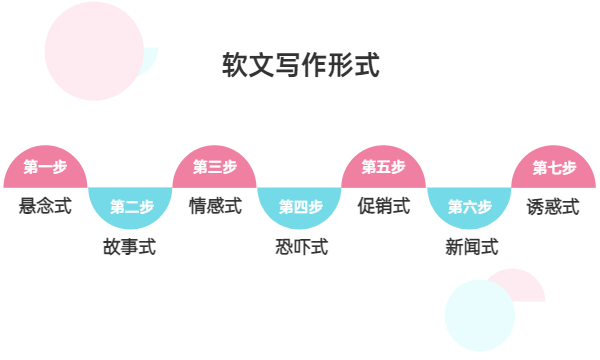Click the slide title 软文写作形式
(300, 66)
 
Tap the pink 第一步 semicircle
(46, 168)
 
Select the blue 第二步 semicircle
(131, 206)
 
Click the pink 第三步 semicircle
(215, 168)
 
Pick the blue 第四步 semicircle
(300, 206)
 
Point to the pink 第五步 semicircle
(384, 168)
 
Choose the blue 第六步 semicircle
(469, 206)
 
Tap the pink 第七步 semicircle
(554, 168)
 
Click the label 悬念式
(46, 207)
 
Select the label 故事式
(131, 246)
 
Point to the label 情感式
(215, 207)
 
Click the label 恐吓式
(300, 246)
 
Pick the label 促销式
(384, 207)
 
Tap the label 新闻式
(470, 246)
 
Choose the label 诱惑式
(554, 207)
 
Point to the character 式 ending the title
(366, 66)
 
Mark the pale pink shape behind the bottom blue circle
(525, 284)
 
